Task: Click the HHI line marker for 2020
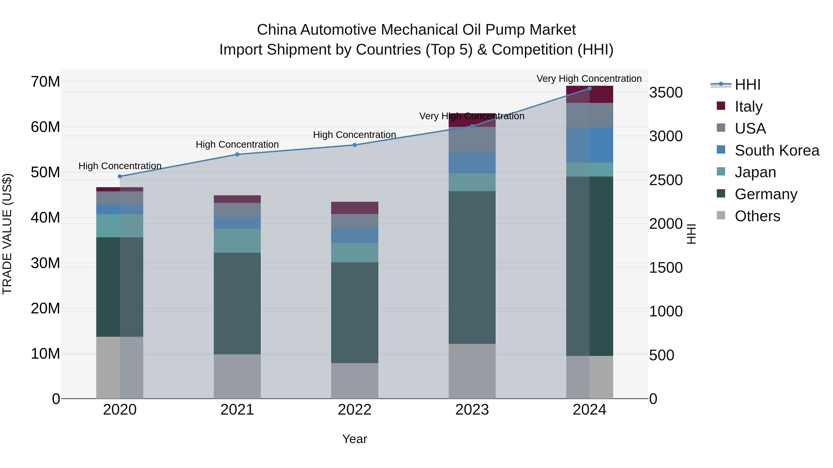click(x=120, y=176)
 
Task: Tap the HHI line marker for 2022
click(x=354, y=145)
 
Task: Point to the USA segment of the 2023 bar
click(x=472, y=140)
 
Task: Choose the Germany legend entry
click(x=765, y=194)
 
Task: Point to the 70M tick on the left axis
click(x=45, y=82)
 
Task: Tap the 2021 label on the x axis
click(x=237, y=410)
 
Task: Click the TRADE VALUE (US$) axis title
click(x=7, y=234)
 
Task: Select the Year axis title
click(x=354, y=439)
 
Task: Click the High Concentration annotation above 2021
click(x=237, y=144)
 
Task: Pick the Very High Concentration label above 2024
click(x=589, y=79)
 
